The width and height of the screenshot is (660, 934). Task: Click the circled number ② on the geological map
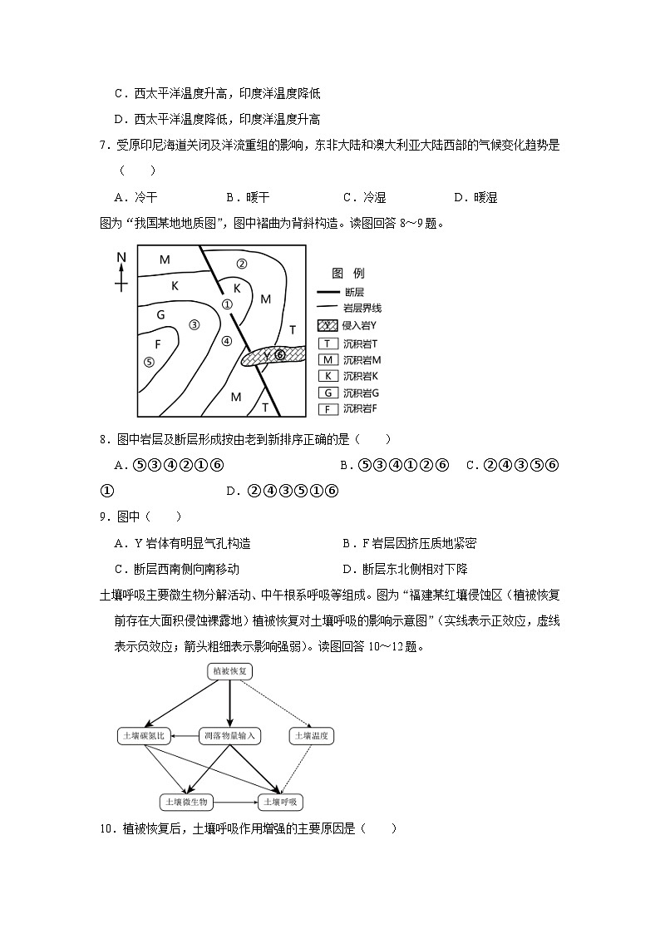242,264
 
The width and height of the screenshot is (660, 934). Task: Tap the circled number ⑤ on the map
149,362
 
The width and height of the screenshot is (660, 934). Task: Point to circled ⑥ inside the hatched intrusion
279,355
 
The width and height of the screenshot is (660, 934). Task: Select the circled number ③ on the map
195,324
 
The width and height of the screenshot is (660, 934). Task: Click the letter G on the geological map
160,314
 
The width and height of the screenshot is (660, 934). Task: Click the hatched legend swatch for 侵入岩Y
328,326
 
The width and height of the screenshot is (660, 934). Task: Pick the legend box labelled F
328,408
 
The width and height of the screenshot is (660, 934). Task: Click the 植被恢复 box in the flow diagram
229,671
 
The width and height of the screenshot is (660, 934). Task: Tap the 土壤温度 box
311,736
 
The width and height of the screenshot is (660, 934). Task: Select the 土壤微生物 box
187,803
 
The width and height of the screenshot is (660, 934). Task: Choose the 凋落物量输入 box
229,736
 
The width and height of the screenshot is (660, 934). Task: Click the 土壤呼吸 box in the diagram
282,803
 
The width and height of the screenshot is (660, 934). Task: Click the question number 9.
105,517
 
